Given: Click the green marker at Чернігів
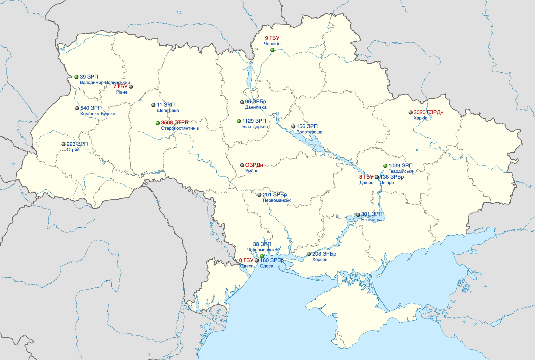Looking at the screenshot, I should pos(272,50).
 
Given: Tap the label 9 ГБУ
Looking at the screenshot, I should pos(272,38).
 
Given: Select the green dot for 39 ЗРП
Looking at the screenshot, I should pos(76,77).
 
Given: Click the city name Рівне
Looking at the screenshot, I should pos(122,92).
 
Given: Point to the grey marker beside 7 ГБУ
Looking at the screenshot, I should pos(131,87).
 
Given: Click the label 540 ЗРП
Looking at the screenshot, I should pos(91,108).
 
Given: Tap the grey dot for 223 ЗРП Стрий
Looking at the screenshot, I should pos(64,144).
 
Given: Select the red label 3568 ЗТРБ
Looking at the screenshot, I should pos(174,123).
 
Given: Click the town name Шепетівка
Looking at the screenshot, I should pos(168,111).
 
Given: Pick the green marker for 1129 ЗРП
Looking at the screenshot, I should pos(239,121).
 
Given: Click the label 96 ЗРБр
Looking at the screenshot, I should pos(255,102).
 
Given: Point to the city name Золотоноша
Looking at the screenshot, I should pos(309,132).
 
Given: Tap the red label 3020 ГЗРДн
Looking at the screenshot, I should pos(428,112).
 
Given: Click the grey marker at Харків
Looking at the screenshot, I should pos(411,112).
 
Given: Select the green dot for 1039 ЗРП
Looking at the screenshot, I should pos(385,166).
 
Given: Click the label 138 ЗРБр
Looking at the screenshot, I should pos(392,177).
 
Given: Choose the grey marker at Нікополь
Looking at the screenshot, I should pos(358,215).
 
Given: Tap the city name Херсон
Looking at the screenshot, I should pos(320,260).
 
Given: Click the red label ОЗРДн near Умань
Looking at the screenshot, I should pos(254,165).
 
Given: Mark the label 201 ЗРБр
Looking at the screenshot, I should pos(274,195).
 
